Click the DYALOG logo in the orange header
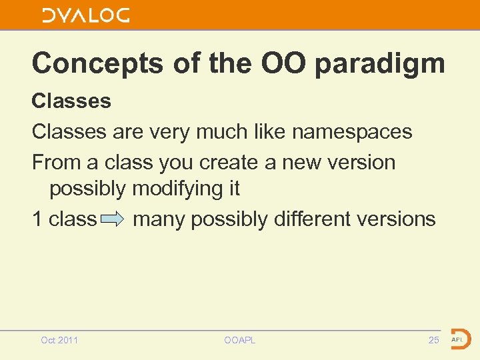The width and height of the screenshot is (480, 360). (86, 15)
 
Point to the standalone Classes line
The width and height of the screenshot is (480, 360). (71, 101)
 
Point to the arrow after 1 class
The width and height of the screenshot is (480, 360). (114, 219)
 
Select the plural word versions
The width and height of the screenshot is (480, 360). (398, 219)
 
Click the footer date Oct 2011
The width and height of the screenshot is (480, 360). (59, 340)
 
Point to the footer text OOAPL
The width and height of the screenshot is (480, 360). (240, 340)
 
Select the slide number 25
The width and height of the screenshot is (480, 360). (433, 340)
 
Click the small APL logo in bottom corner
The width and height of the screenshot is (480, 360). (460, 339)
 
